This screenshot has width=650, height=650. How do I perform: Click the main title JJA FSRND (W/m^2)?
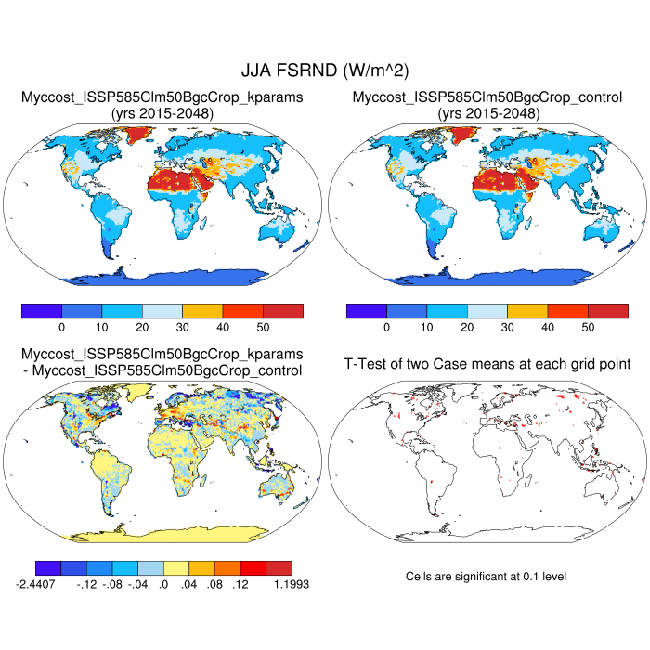(325, 70)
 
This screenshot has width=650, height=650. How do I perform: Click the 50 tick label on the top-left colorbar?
(263, 327)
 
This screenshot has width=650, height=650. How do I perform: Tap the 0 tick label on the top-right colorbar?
(386, 327)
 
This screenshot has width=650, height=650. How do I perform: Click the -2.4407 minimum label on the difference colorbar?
(36, 584)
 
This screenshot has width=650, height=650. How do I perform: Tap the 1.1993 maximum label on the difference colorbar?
(290, 584)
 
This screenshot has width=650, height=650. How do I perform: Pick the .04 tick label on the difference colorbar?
(190, 584)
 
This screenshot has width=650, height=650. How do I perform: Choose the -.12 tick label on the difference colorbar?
(88, 584)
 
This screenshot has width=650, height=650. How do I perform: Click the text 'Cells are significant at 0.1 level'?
(486, 577)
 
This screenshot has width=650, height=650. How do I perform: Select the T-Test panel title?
(487, 363)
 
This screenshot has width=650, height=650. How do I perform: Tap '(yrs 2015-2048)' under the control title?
(487, 112)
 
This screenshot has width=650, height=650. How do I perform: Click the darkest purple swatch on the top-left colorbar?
(42, 310)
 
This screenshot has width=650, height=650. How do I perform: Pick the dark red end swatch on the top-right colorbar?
(608, 310)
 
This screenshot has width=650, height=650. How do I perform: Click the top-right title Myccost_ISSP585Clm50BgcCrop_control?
(487, 97)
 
